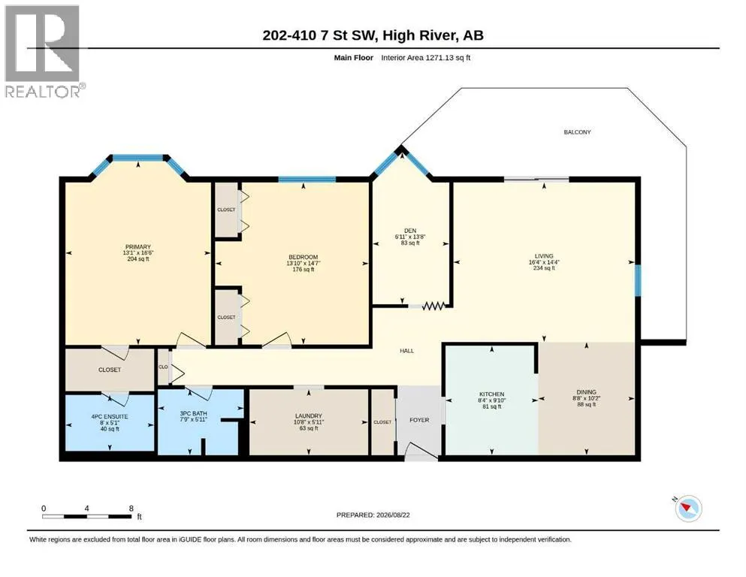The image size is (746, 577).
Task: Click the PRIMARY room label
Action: tap(138, 247)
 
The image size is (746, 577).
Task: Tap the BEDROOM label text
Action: tap(303, 258)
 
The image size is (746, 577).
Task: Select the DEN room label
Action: tap(410, 231)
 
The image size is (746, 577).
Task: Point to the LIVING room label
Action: tap(544, 256)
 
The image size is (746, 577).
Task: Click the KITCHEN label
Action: tap(491, 394)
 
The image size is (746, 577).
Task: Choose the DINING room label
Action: tap(586, 392)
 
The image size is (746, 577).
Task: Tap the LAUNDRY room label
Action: tap(308, 415)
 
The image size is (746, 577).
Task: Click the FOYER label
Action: tap(419, 420)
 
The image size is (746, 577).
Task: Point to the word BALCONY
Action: tap(577, 132)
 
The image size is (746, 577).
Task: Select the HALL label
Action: tap(406, 351)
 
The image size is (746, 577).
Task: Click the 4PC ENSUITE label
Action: tap(110, 417)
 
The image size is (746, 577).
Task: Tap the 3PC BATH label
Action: tap(193, 414)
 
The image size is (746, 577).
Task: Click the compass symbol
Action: tap(688, 508)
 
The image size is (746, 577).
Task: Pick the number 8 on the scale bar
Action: tap(131, 509)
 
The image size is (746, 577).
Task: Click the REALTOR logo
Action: tap(43, 51)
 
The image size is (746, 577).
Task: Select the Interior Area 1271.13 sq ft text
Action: tap(426, 58)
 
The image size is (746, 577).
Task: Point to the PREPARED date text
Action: tap(373, 515)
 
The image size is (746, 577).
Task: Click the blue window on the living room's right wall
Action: tap(638, 280)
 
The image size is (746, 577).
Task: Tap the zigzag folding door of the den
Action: tap(433, 306)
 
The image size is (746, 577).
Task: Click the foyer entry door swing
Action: tap(420, 452)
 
